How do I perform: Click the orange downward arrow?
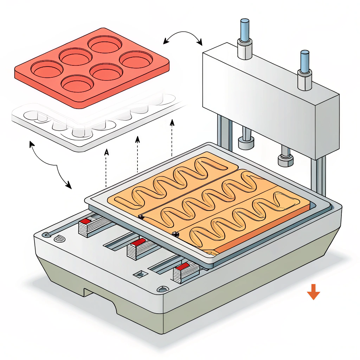[x=313, y=291]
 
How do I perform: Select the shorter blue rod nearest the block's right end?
[x=304, y=62]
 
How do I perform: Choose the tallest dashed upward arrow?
[x=172, y=137]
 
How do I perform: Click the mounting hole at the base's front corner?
[x=162, y=289]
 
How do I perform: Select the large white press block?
[x=271, y=95]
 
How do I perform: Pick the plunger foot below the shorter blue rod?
[x=285, y=160]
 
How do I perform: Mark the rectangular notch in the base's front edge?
[x=100, y=299]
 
